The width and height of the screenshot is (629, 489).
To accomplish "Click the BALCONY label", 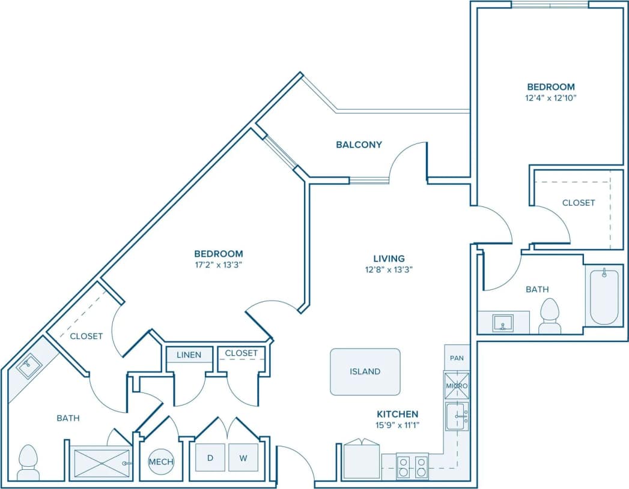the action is pyautogui.click(x=359, y=145).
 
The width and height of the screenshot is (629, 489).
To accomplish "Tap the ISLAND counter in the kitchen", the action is pyautogui.click(x=365, y=371).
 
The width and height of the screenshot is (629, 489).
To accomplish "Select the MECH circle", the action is pyautogui.click(x=161, y=461).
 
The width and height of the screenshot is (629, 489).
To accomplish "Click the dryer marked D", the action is pyautogui.click(x=210, y=458).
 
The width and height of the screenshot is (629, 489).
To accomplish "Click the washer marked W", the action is pyautogui.click(x=243, y=458).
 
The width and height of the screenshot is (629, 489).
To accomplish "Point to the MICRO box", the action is pyautogui.click(x=457, y=385).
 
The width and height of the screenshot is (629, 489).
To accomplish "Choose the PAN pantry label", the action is pyautogui.click(x=457, y=358).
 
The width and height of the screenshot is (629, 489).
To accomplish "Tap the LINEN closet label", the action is pyautogui.click(x=189, y=355).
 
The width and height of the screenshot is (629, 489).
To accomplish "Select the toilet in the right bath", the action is pyautogui.click(x=550, y=316).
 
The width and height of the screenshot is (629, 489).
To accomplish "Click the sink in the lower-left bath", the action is pyautogui.click(x=28, y=366).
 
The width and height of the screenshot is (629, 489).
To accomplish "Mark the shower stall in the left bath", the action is pyautogui.click(x=100, y=463).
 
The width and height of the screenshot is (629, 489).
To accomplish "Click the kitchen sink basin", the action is pyautogui.click(x=457, y=416).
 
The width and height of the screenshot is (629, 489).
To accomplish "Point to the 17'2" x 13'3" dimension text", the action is pyautogui.click(x=218, y=263).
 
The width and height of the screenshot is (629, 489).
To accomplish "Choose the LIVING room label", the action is pyautogui.click(x=388, y=259).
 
